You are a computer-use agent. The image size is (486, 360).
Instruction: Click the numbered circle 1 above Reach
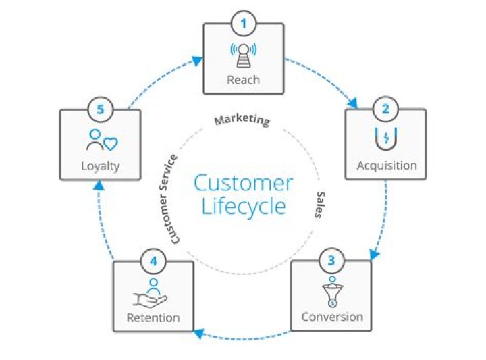[244, 24]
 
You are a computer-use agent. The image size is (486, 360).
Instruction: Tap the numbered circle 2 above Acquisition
[385, 109]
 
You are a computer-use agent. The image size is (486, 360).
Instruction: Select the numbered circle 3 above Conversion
[331, 261]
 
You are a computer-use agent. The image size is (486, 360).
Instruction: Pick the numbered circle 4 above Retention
[153, 261]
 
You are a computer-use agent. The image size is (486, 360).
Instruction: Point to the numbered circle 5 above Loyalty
[101, 109]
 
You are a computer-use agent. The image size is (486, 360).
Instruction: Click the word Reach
[243, 80]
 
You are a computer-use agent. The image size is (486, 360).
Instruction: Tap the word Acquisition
[387, 165]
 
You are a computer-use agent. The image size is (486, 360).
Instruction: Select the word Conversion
[332, 317]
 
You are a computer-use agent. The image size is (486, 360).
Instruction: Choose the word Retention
[153, 317]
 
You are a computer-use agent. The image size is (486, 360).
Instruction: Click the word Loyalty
[101, 166]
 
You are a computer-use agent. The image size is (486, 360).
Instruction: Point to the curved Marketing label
[242, 120]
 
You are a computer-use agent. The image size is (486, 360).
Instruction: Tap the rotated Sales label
[320, 205]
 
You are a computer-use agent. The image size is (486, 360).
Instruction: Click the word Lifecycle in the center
[244, 206]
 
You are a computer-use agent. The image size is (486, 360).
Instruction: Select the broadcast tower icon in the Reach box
[243, 55]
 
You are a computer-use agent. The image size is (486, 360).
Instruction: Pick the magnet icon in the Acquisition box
[386, 138]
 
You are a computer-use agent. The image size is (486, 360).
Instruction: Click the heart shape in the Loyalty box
[110, 144]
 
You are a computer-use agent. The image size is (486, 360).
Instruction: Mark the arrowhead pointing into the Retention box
[198, 334]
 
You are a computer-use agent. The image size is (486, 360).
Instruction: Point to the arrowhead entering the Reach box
[197, 61]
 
